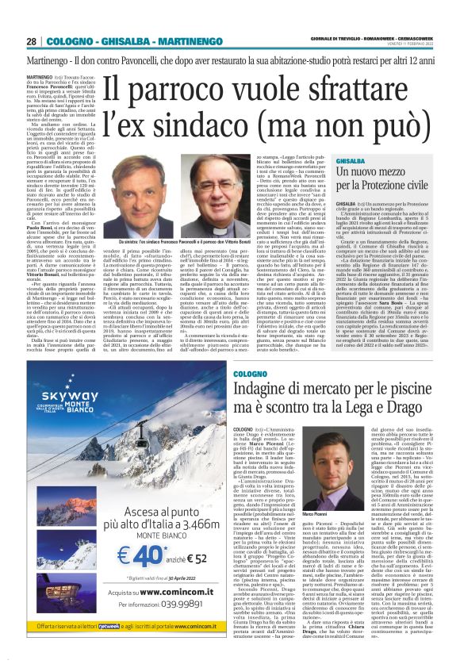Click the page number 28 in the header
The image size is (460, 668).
[x=31, y=41]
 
